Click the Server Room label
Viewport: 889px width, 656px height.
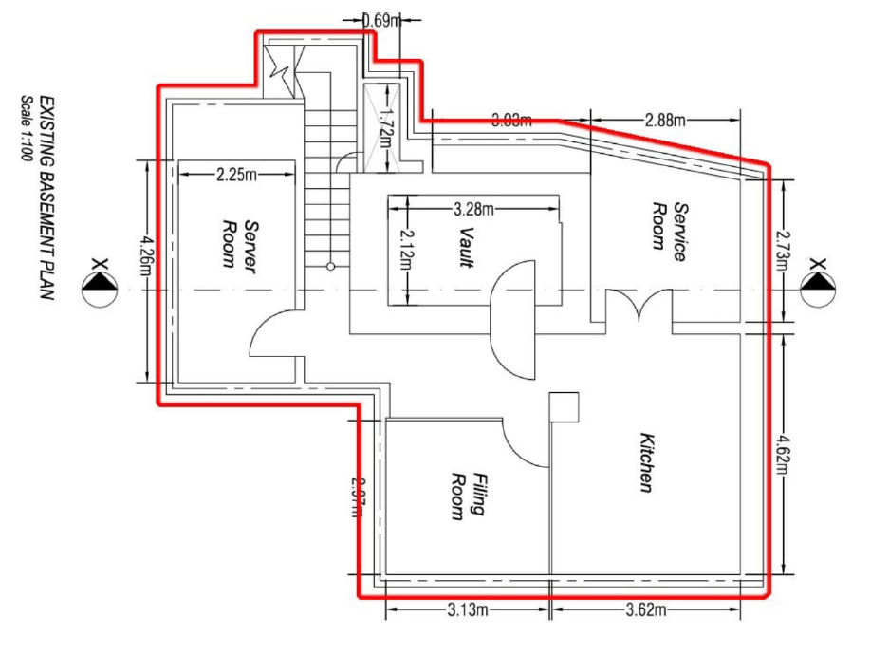239,246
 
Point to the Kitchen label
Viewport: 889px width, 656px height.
646,463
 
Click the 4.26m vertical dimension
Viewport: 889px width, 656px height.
147,271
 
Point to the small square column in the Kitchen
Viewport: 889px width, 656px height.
565,406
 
